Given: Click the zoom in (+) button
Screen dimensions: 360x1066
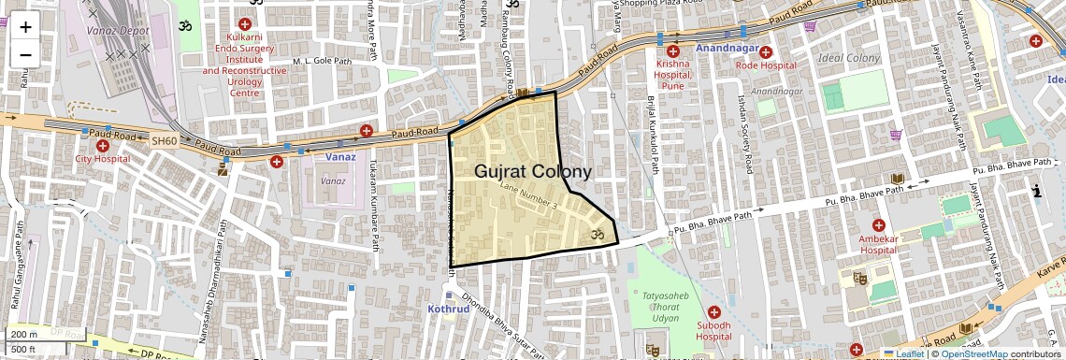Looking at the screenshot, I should point(25,26).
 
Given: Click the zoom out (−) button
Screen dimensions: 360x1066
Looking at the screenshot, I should point(25,54).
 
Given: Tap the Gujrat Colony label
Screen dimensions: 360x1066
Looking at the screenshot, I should point(533,172).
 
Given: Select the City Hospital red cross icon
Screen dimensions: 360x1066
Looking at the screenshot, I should point(102,146).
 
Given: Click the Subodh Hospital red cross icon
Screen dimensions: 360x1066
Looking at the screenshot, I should point(715,311).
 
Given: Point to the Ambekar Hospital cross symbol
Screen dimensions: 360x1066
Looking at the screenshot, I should point(878,225).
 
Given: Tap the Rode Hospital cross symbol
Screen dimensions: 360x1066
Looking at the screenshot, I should point(766,51).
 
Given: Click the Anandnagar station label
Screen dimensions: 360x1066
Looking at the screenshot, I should point(726,47).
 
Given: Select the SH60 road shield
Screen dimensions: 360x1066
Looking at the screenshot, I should point(164,140).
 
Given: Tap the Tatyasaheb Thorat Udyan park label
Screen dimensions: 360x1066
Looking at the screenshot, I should point(666,301).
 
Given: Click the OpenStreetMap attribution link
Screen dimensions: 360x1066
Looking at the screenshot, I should point(973,353).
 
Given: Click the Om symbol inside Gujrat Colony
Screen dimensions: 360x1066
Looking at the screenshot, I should point(592,235).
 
